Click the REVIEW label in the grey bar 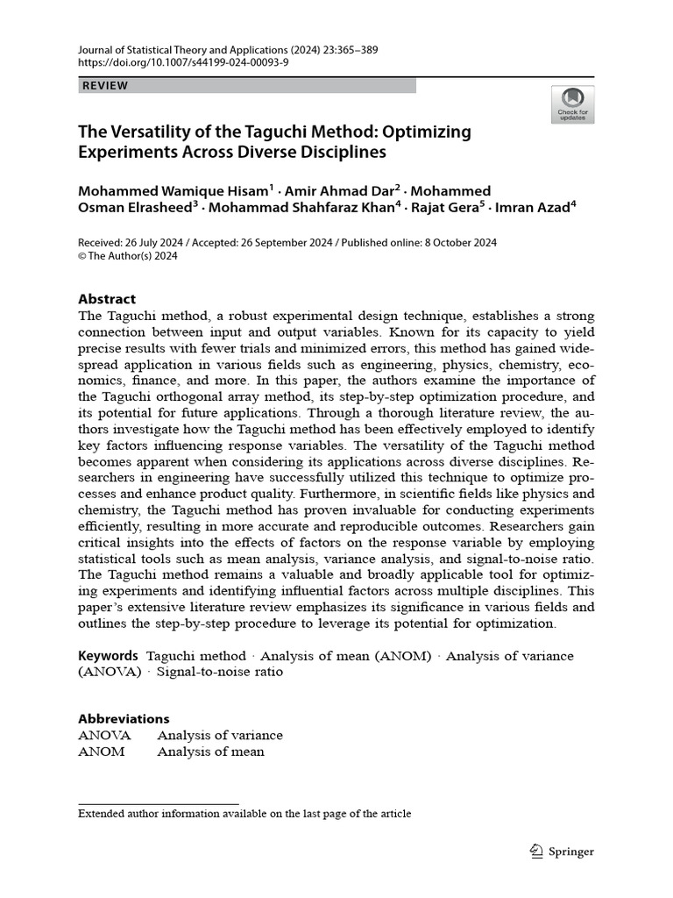click(x=105, y=85)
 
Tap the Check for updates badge click(x=572, y=104)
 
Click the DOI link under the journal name click(x=183, y=63)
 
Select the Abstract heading click(x=107, y=298)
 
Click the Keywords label click(x=108, y=655)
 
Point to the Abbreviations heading click(x=124, y=718)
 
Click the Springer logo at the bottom click(x=563, y=851)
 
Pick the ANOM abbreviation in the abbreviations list click(x=102, y=752)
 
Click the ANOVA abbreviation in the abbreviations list click(x=104, y=735)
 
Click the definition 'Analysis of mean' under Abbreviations click(x=210, y=752)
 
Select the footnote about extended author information click(x=244, y=813)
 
